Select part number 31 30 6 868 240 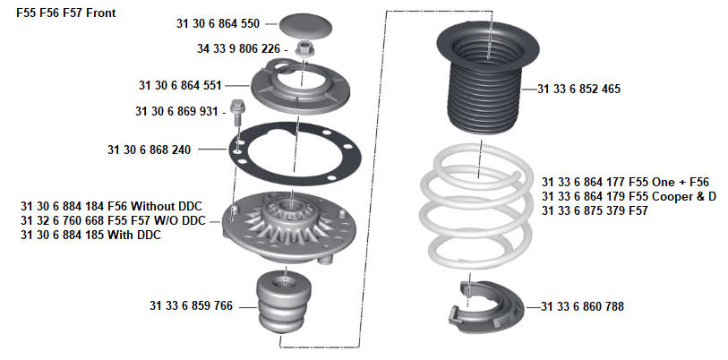click(149, 150)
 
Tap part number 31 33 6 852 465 click(581, 90)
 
